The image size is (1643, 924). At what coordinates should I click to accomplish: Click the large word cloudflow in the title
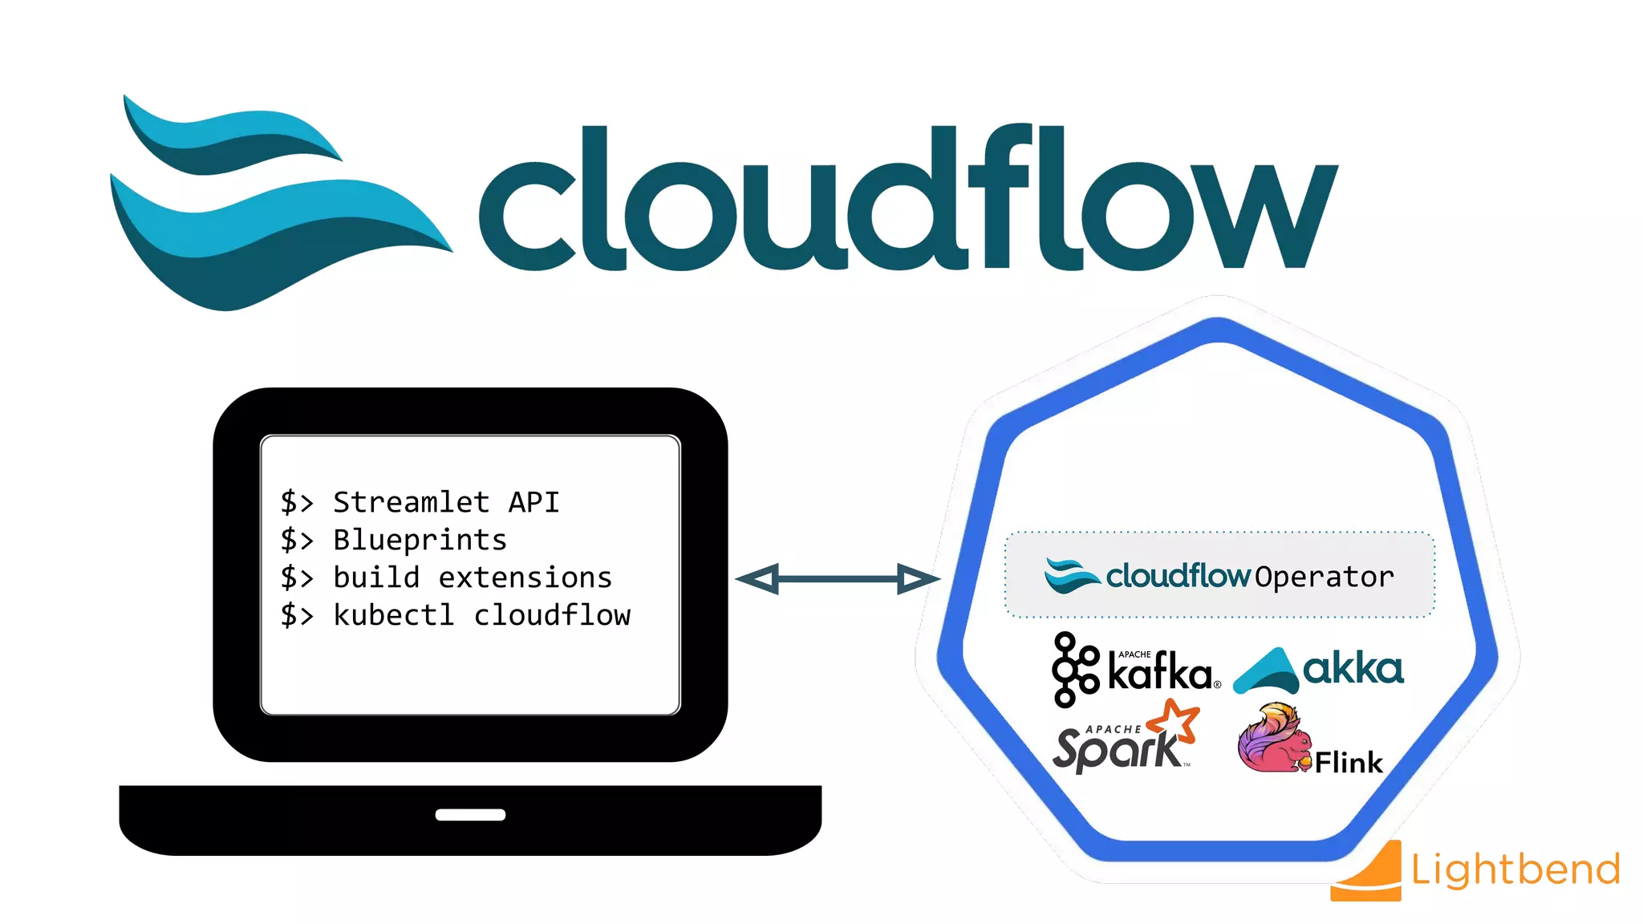pyautogui.click(x=907, y=201)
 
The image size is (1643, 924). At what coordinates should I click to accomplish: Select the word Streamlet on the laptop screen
pyautogui.click(x=411, y=503)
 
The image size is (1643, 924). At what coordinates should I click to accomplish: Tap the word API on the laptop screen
pyautogui.click(x=533, y=502)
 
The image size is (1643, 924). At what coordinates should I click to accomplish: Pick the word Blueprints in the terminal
pyautogui.click(x=420, y=541)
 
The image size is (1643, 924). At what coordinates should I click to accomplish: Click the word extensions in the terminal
pyautogui.click(x=525, y=577)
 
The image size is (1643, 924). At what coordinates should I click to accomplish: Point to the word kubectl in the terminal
pyautogui.click(x=393, y=615)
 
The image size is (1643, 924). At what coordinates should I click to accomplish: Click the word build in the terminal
pyautogui.click(x=376, y=577)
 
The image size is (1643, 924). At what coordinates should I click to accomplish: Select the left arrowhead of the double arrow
pyautogui.click(x=758, y=578)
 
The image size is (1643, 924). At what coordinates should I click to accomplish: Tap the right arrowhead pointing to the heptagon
pyautogui.click(x=917, y=578)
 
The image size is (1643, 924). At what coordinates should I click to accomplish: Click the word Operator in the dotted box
pyautogui.click(x=1324, y=577)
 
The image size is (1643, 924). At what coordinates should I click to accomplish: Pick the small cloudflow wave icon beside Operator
pyautogui.click(x=1071, y=576)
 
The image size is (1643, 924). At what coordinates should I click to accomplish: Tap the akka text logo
pyautogui.click(x=1353, y=669)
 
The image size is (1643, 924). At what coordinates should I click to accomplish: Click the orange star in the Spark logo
pyautogui.click(x=1176, y=719)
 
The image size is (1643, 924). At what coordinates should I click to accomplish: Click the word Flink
pyautogui.click(x=1349, y=763)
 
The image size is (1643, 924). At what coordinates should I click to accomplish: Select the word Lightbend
pyautogui.click(x=1515, y=870)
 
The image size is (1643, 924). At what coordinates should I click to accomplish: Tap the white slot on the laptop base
pyautogui.click(x=470, y=815)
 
